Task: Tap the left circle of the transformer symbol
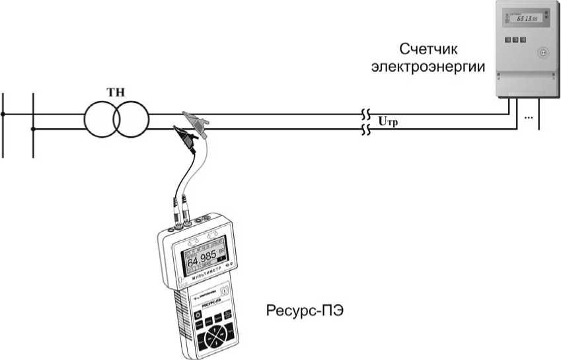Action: click(100, 120)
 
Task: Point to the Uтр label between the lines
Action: click(389, 121)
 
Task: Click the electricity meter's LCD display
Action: click(521, 18)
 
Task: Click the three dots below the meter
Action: click(528, 117)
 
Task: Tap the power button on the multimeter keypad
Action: click(199, 316)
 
